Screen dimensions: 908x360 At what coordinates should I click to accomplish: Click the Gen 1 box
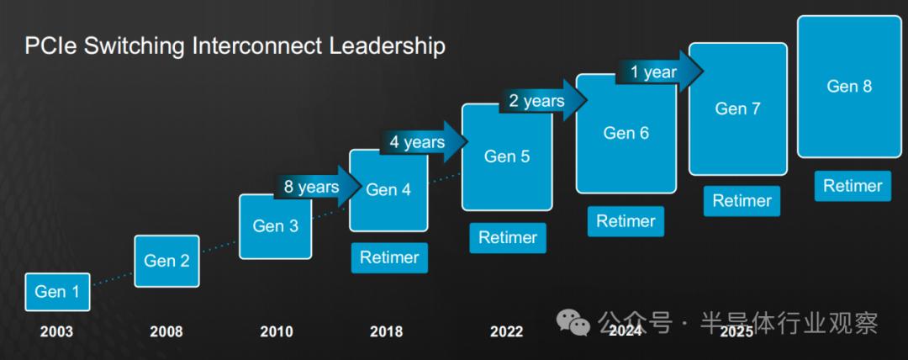click(x=57, y=292)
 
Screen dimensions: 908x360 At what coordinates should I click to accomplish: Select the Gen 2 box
click(x=166, y=261)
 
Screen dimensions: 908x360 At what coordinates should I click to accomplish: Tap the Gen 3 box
click(x=276, y=226)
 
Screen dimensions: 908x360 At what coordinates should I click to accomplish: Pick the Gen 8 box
click(x=849, y=87)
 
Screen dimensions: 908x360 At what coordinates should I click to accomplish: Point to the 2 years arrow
click(x=542, y=101)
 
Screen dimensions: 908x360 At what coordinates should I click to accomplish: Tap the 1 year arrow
click(x=659, y=71)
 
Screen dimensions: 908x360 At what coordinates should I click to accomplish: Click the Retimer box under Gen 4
click(x=389, y=257)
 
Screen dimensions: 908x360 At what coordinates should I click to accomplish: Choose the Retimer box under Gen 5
click(x=508, y=238)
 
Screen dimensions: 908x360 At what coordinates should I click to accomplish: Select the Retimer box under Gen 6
click(x=626, y=221)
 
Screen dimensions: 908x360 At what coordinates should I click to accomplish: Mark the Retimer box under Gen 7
click(x=742, y=201)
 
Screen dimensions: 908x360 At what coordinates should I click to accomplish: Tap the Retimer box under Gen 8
click(x=853, y=186)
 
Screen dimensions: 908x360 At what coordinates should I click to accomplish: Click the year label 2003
click(x=57, y=331)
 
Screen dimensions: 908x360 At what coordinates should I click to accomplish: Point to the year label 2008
click(x=166, y=331)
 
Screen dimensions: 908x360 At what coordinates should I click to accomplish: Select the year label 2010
click(x=277, y=331)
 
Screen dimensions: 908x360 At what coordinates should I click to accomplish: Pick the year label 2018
click(x=386, y=331)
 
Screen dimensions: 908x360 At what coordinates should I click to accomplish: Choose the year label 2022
click(x=507, y=331)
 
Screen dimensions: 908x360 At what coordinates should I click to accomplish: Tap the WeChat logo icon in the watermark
click(x=573, y=322)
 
